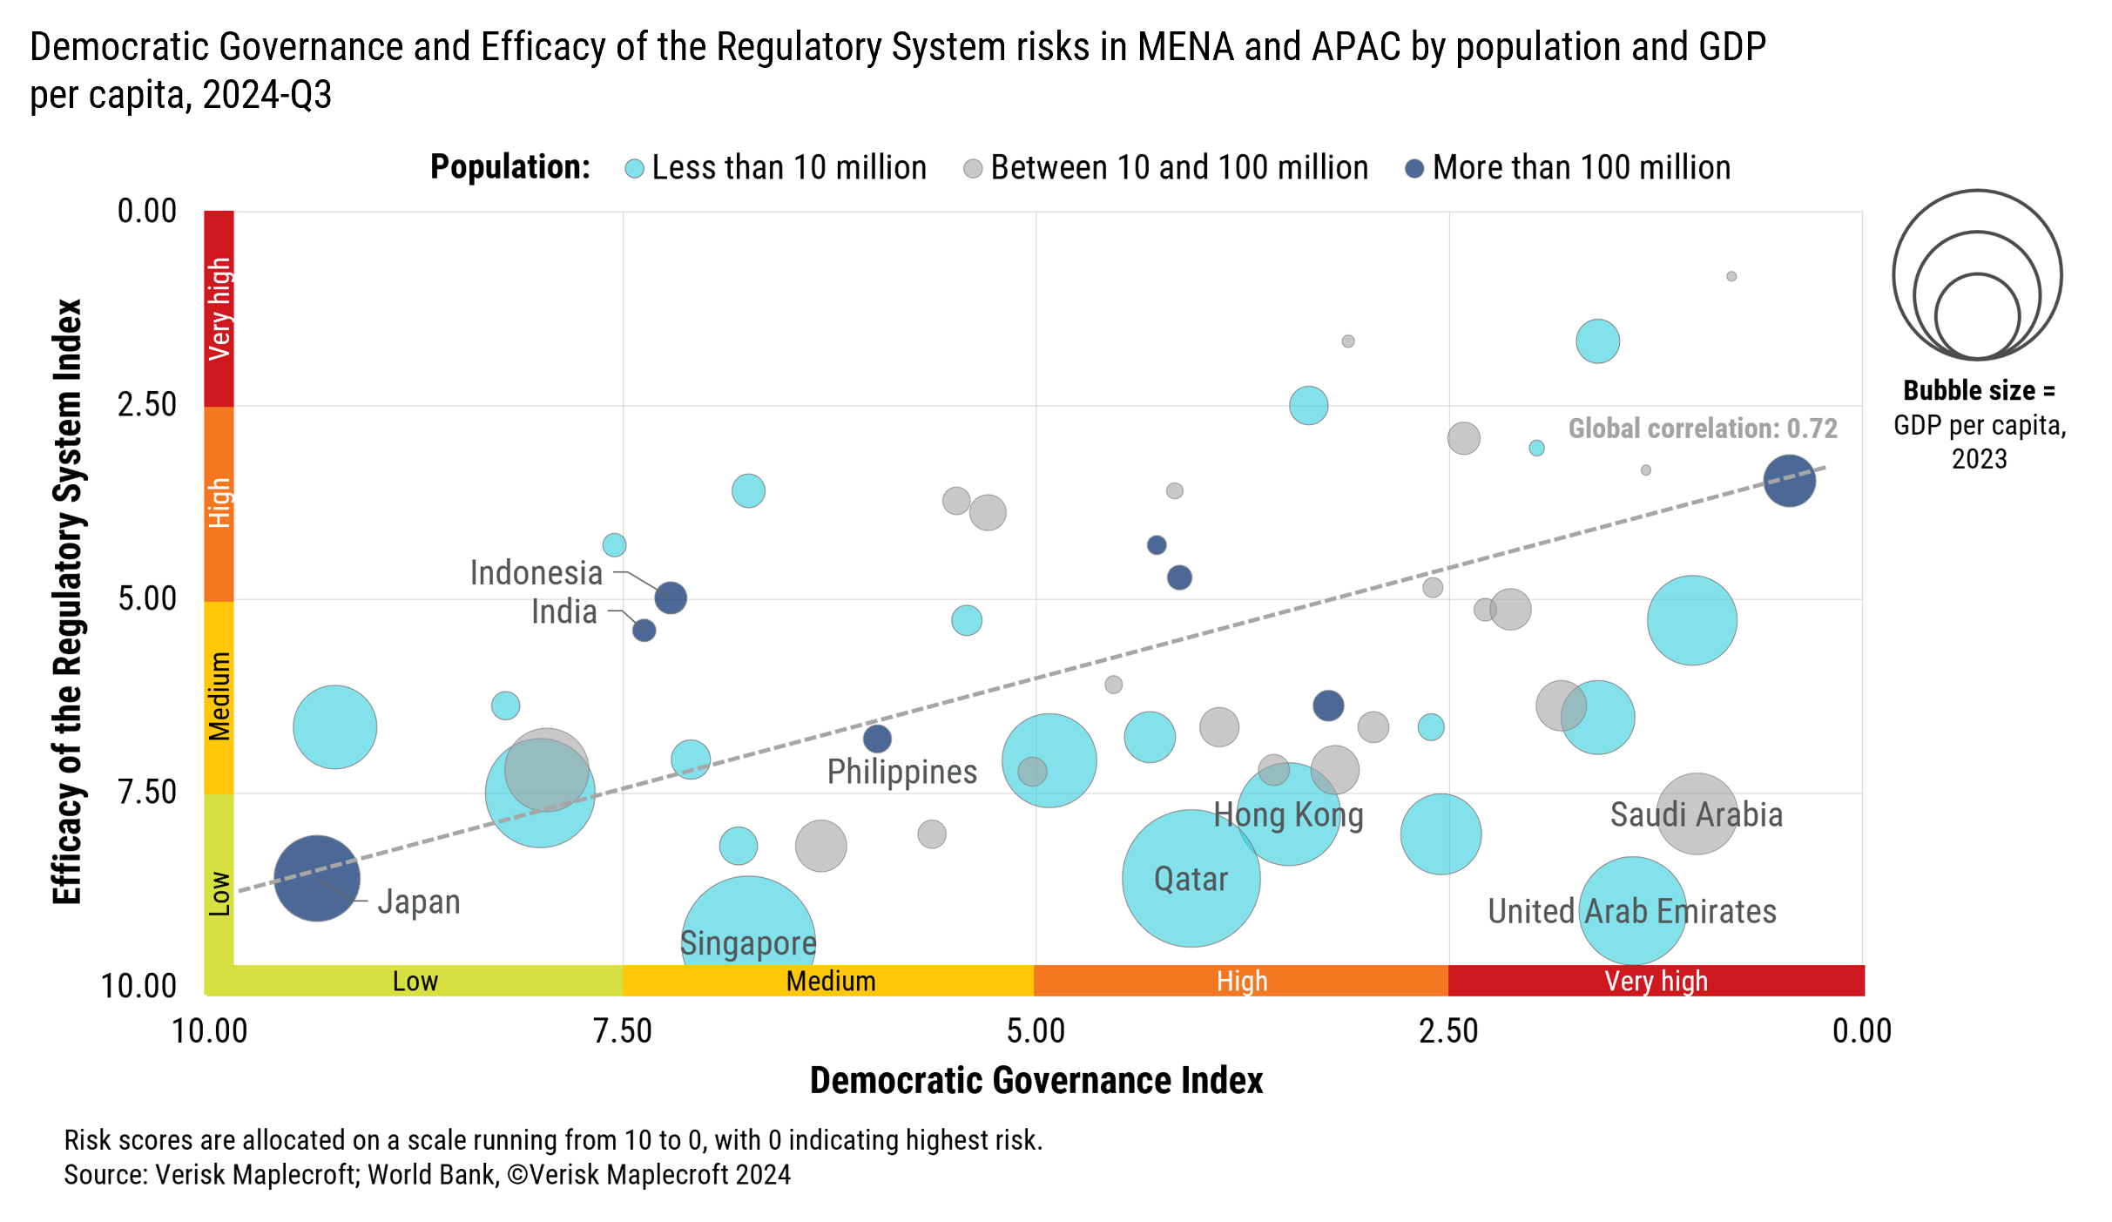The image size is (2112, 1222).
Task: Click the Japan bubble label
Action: (418, 902)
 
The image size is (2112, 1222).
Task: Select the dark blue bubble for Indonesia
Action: (671, 597)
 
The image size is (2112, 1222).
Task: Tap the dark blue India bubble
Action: (644, 630)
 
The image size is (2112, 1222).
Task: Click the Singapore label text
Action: (748, 943)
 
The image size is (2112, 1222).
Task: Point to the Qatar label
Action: (1191, 879)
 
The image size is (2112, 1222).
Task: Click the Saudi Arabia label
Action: (1696, 815)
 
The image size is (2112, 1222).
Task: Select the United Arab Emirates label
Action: (1631, 912)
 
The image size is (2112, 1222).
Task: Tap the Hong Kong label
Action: (1288, 815)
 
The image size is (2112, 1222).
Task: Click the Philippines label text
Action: (901, 773)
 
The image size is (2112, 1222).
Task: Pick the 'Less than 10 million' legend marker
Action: (635, 169)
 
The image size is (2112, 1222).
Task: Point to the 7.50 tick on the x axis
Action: (623, 1031)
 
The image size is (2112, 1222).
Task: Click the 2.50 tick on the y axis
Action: (147, 405)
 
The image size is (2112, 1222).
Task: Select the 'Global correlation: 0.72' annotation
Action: (1702, 429)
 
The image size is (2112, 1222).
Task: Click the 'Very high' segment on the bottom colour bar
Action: (1656, 981)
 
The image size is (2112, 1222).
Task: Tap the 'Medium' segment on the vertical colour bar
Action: (219, 697)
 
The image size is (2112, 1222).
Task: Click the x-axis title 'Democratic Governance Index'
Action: (1036, 1081)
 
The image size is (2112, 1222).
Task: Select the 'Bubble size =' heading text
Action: (1978, 390)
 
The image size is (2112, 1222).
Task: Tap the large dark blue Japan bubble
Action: (316, 878)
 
